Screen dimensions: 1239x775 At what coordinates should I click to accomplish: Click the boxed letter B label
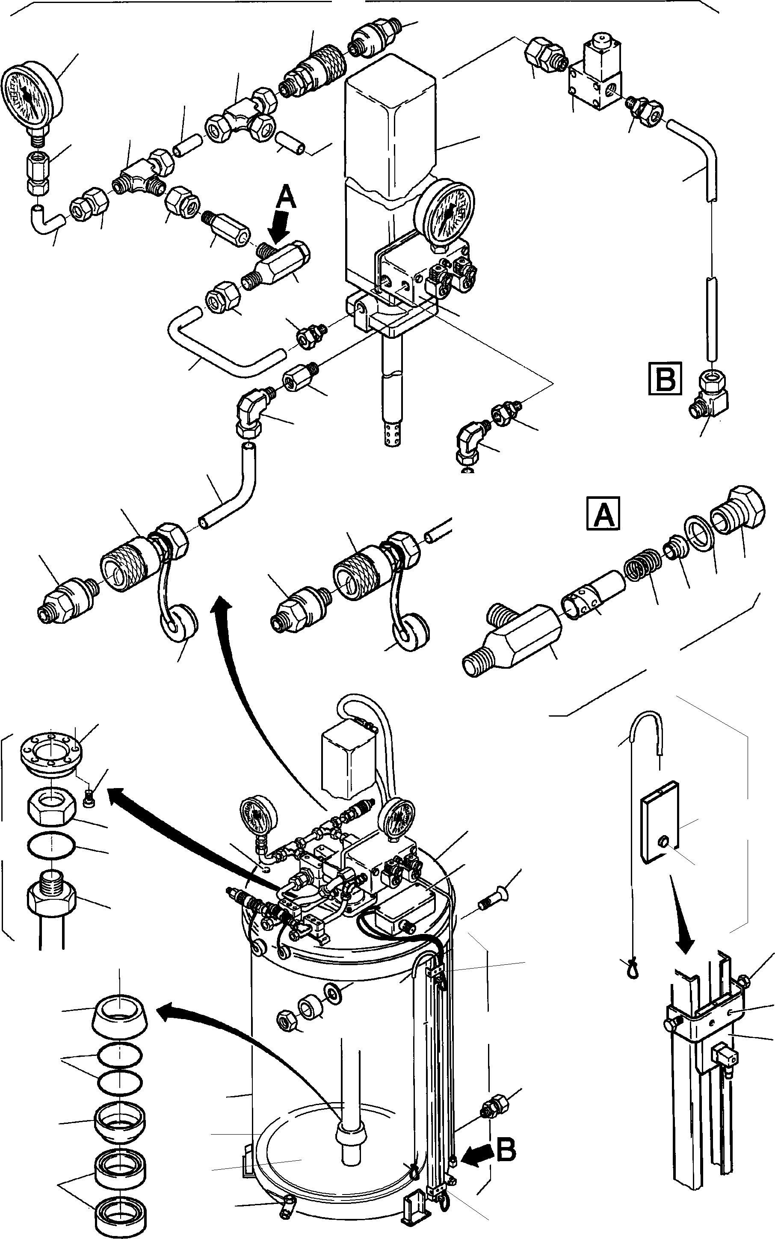665,378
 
